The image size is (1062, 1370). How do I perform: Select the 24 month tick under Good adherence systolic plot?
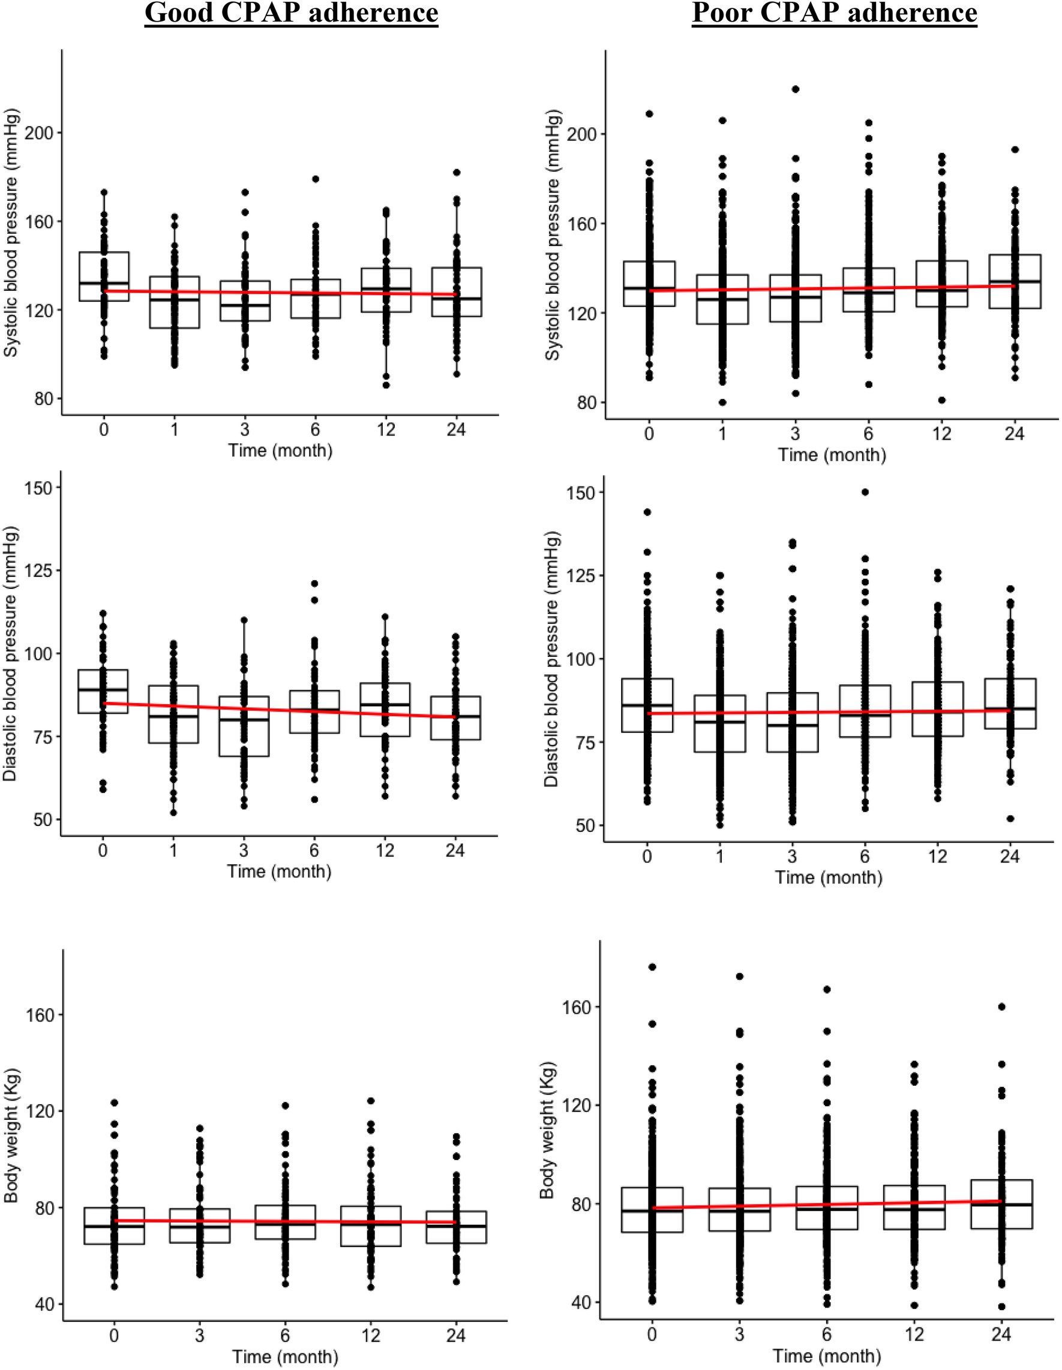pos(457,429)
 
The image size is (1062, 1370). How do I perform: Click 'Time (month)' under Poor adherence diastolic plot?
pos(828,877)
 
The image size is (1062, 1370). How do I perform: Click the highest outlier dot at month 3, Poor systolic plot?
pos(796,89)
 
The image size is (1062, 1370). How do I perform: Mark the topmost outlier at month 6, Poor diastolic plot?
pos(865,492)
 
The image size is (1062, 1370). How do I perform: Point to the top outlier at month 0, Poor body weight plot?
pos(652,967)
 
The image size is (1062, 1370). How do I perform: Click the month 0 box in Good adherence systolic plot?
pos(104,276)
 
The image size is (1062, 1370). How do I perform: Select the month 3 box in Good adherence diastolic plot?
pos(244,726)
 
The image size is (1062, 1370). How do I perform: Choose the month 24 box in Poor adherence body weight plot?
pos(1002,1204)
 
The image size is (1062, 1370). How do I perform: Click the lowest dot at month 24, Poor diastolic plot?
pos(1010,819)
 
